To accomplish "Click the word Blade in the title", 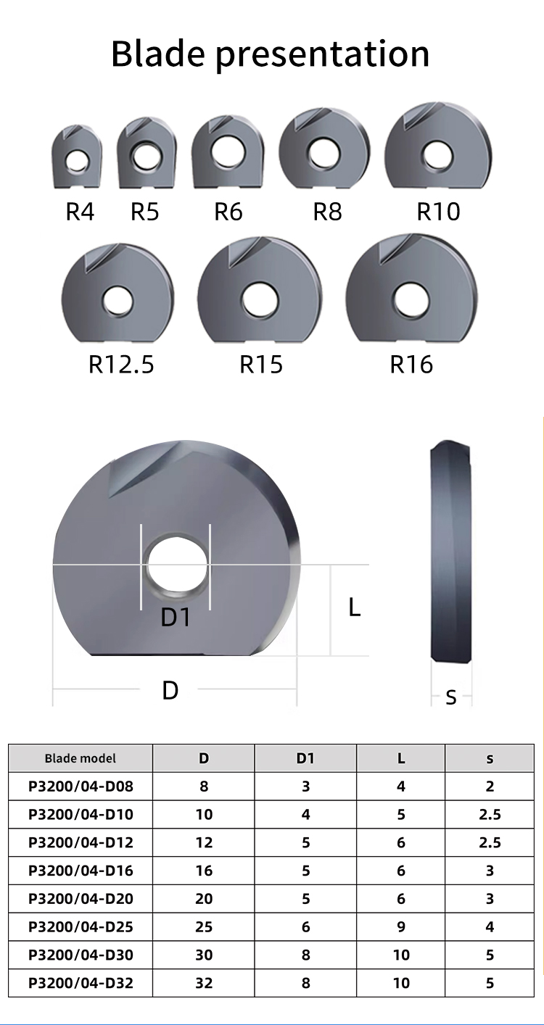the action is (157, 54).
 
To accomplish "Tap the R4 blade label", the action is (80, 212).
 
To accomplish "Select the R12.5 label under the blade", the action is (121, 364).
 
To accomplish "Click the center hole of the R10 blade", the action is (437, 156).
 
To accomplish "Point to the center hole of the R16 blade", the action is (411, 301).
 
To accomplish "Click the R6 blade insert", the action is (228, 152).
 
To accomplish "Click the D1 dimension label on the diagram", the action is (176, 617).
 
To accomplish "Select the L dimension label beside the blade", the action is (354, 607).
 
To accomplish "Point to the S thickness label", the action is (450, 697).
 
